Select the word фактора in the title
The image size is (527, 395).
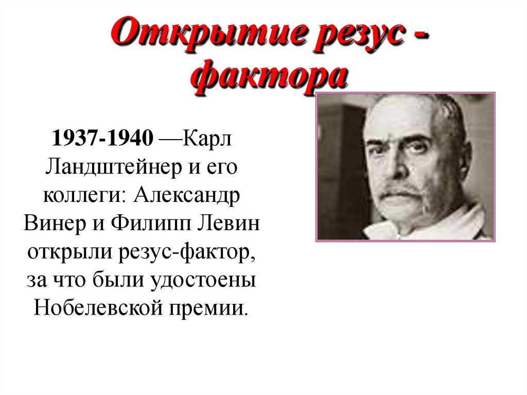tap(270, 78)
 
